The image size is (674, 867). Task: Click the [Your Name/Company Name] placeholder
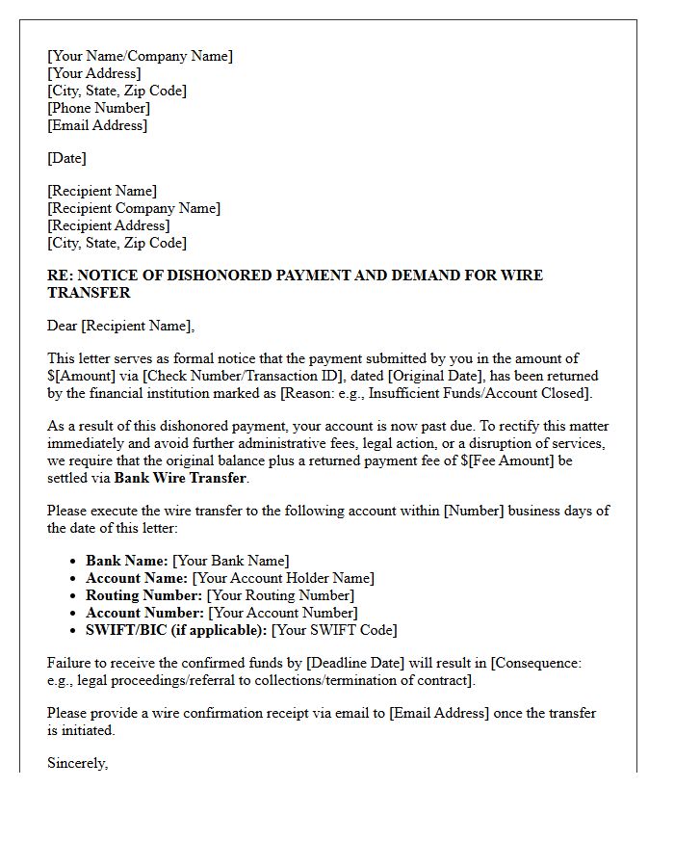point(140,56)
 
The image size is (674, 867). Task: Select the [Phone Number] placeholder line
point(98,108)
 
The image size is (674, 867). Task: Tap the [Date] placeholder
point(66,158)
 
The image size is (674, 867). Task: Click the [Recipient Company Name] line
point(134,208)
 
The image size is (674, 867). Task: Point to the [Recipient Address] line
point(109,225)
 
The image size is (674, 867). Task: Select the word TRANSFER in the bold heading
point(89,292)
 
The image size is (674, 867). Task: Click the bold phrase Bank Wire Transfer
point(180,478)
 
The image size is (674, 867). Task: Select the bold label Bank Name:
point(127,561)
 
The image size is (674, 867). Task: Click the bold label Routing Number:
point(144,595)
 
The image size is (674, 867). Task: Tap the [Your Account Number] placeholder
point(282,613)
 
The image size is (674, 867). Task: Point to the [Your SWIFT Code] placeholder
point(334,630)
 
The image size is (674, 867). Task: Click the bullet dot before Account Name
point(74,578)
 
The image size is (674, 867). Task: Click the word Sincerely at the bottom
point(77,763)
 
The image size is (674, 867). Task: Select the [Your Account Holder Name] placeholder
point(283,578)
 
